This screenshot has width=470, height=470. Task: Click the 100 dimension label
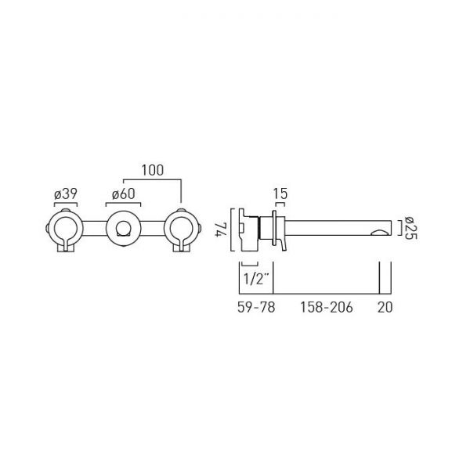pos(153,170)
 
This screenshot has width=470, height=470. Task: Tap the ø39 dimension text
pos(66,194)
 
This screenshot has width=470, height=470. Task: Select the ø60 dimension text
pos(123,194)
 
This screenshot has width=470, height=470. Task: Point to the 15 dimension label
pos(280,194)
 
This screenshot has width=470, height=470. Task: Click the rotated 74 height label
pos(222,230)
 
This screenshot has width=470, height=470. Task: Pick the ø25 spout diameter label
pos(410,228)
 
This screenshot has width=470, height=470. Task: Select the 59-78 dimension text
pos(256,307)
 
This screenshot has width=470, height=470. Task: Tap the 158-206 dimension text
pos(327,307)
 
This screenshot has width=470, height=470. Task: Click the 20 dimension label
pos(385,307)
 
